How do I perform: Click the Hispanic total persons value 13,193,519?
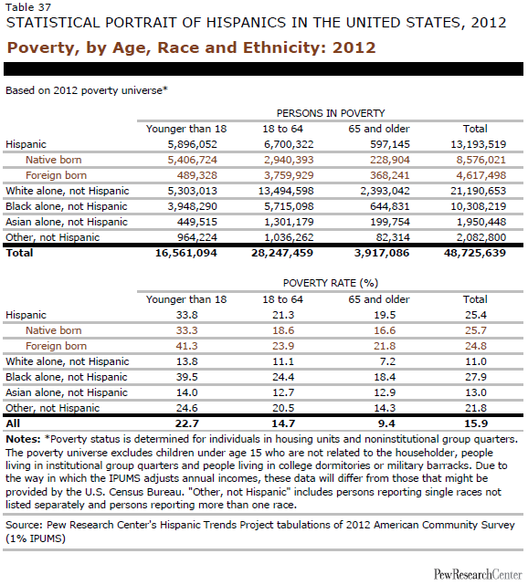[x=478, y=144]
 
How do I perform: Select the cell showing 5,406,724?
[x=193, y=160]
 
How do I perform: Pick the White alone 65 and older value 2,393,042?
[x=385, y=191]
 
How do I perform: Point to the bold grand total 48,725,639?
[x=475, y=253]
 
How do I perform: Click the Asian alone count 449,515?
[x=197, y=222]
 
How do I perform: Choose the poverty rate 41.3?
[x=186, y=346]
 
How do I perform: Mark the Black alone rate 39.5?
[x=186, y=377]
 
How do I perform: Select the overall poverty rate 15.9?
[x=476, y=423]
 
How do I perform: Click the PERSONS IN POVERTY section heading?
[x=331, y=113]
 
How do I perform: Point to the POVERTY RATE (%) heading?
[x=331, y=283]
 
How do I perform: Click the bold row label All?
[x=13, y=423]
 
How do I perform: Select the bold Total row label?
[x=19, y=253]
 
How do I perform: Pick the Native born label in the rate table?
[x=53, y=330]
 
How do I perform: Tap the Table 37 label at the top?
[x=28, y=7]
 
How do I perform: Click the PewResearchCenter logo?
[x=478, y=574]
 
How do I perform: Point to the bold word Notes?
[x=23, y=439]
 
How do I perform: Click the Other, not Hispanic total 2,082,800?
[x=480, y=237]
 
